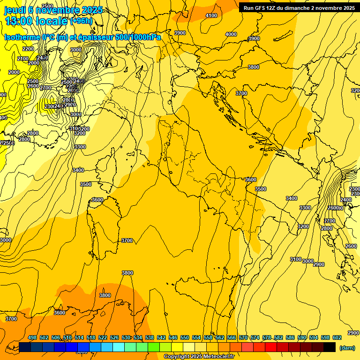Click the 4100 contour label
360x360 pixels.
coord(211,15)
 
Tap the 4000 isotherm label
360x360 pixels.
coord(231,34)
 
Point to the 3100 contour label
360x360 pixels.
coord(295,259)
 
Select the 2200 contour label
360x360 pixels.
coord(28,49)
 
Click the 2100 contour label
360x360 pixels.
coord(22,59)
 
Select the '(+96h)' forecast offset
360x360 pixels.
coord(81,21)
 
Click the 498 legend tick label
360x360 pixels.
coord(32,337)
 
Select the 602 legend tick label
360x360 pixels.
coord(337,337)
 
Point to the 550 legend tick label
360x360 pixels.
coord(185,337)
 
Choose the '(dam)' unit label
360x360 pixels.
coord(347,347)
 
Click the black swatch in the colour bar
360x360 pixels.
coord(330,347)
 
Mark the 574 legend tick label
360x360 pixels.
coord(255,337)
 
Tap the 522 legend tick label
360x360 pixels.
coord(103,337)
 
